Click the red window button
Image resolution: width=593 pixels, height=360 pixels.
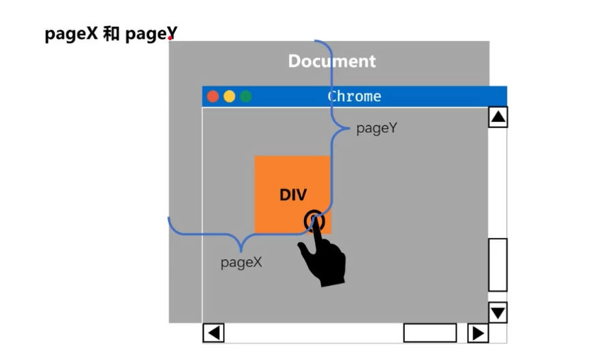pyautogui.click(x=213, y=97)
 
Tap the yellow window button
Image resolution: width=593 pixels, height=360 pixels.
pyautogui.click(x=229, y=97)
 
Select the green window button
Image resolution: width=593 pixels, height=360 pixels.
pyautogui.click(x=245, y=97)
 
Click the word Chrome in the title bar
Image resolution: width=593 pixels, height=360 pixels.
pyautogui.click(x=354, y=97)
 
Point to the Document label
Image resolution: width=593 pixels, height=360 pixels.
pyautogui.click(x=331, y=61)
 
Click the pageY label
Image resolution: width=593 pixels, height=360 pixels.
pyautogui.click(x=376, y=128)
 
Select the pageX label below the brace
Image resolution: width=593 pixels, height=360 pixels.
pyautogui.click(x=241, y=262)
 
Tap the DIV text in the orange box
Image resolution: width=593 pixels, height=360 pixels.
pyautogui.click(x=293, y=195)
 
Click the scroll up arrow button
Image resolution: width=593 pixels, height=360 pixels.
pyautogui.click(x=498, y=117)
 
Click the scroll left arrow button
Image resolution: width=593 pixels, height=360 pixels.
pyautogui.click(x=213, y=333)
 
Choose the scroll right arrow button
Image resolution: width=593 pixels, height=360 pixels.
pyautogui.click(x=478, y=333)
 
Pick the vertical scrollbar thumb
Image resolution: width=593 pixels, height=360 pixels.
pyautogui.click(x=498, y=265)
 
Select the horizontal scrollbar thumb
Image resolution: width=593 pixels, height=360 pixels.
pyautogui.click(x=429, y=333)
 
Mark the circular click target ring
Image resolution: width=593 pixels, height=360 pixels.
pyautogui.click(x=314, y=220)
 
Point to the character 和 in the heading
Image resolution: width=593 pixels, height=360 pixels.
pyautogui.click(x=111, y=35)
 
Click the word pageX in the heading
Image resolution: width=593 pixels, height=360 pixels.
pyautogui.click(x=72, y=35)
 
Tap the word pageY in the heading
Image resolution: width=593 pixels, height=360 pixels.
pyautogui.click(x=150, y=35)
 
